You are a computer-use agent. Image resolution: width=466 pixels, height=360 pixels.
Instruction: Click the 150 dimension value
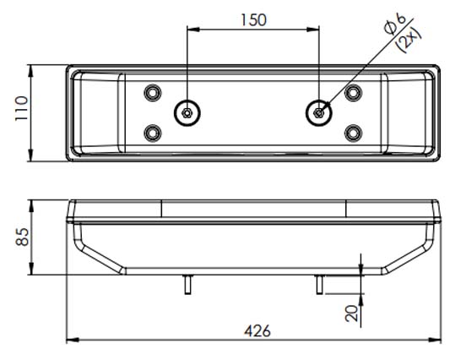pos(253,20)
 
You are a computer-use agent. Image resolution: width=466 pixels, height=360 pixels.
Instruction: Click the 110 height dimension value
pos(22,108)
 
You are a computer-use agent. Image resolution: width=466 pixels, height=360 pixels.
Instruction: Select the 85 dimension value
pos(22,237)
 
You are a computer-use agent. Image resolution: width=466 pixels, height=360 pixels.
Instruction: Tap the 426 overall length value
pos(257,330)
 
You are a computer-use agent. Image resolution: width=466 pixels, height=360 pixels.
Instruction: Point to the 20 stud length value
pos(352,314)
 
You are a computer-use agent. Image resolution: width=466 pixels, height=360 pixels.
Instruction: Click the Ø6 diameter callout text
pos(394,24)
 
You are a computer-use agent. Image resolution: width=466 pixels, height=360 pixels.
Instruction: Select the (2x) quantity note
pos(409,41)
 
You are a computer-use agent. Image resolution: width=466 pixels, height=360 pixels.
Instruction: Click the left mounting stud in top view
pos(187,113)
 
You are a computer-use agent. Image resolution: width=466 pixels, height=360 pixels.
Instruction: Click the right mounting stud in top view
pos(319,113)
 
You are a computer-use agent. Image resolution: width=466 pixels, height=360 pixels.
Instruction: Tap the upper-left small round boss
pos(153,93)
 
